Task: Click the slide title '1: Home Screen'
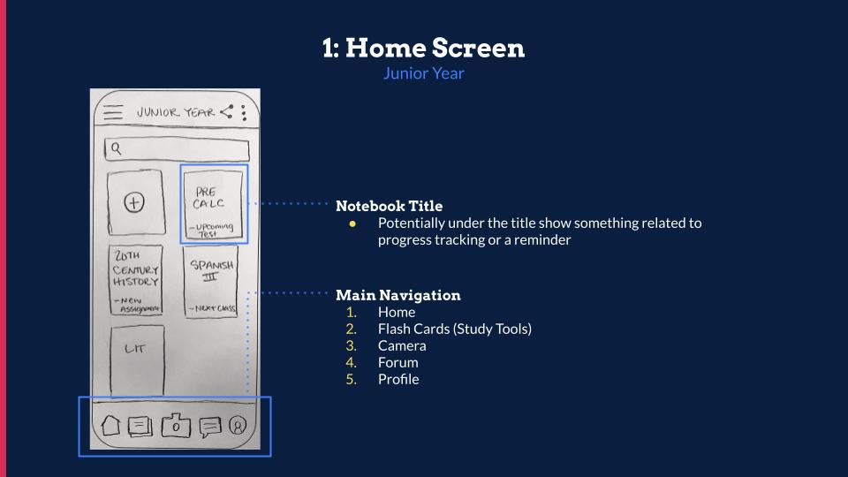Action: click(424, 48)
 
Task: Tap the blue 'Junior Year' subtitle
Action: click(424, 73)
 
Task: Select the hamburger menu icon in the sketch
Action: click(113, 113)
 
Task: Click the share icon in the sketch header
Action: click(228, 112)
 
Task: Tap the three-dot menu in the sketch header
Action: click(244, 112)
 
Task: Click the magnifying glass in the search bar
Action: click(115, 148)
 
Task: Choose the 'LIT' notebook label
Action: click(134, 349)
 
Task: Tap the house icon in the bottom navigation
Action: click(110, 426)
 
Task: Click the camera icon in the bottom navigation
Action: click(176, 426)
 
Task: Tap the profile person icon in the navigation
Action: click(238, 426)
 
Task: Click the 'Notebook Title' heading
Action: click(389, 206)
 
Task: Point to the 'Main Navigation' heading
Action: click(397, 295)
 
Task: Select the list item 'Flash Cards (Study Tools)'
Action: click(454, 329)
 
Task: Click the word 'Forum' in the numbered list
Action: click(397, 362)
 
